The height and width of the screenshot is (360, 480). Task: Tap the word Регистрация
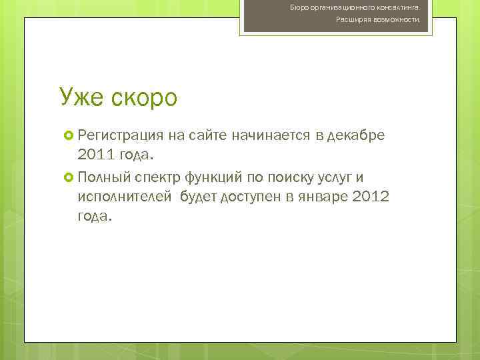click(120, 137)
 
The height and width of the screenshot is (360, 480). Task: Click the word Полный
click(103, 177)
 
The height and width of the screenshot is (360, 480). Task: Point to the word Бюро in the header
click(297, 7)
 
